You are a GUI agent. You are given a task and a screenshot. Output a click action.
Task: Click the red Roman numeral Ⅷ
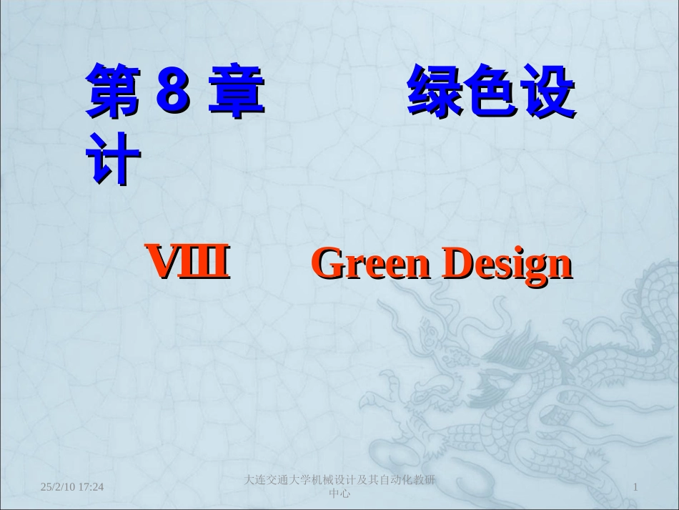pyautogui.click(x=188, y=263)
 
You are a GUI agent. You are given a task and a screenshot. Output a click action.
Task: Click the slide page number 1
pyautogui.click(x=635, y=487)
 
